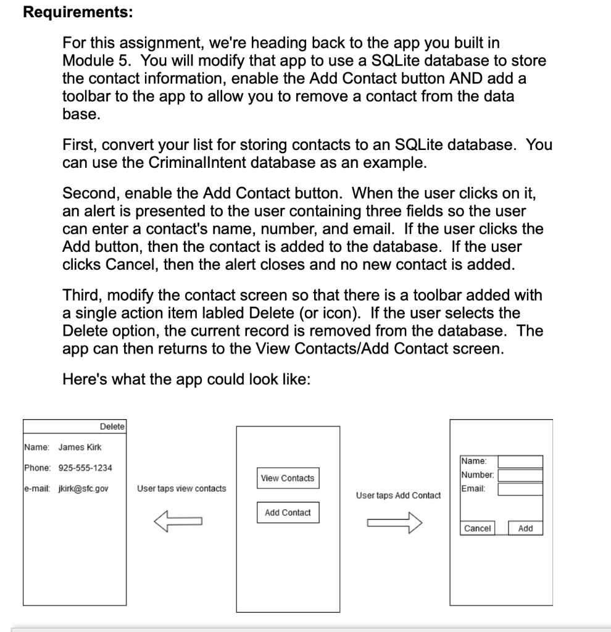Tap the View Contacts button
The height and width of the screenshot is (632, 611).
click(288, 478)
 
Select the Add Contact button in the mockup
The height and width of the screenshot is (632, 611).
click(288, 512)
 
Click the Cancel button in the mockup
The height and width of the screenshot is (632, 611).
click(478, 528)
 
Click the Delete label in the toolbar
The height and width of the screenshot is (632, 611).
click(112, 426)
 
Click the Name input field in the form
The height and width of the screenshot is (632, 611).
click(520, 462)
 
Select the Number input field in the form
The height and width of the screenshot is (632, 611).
click(520, 475)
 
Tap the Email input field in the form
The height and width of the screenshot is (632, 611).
click(520, 489)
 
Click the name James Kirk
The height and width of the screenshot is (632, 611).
click(80, 447)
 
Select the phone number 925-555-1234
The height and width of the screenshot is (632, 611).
click(81, 468)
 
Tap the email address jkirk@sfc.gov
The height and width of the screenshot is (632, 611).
click(83, 489)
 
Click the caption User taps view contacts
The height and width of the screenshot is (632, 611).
click(181, 488)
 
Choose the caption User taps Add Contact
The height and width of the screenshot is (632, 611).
click(399, 495)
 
